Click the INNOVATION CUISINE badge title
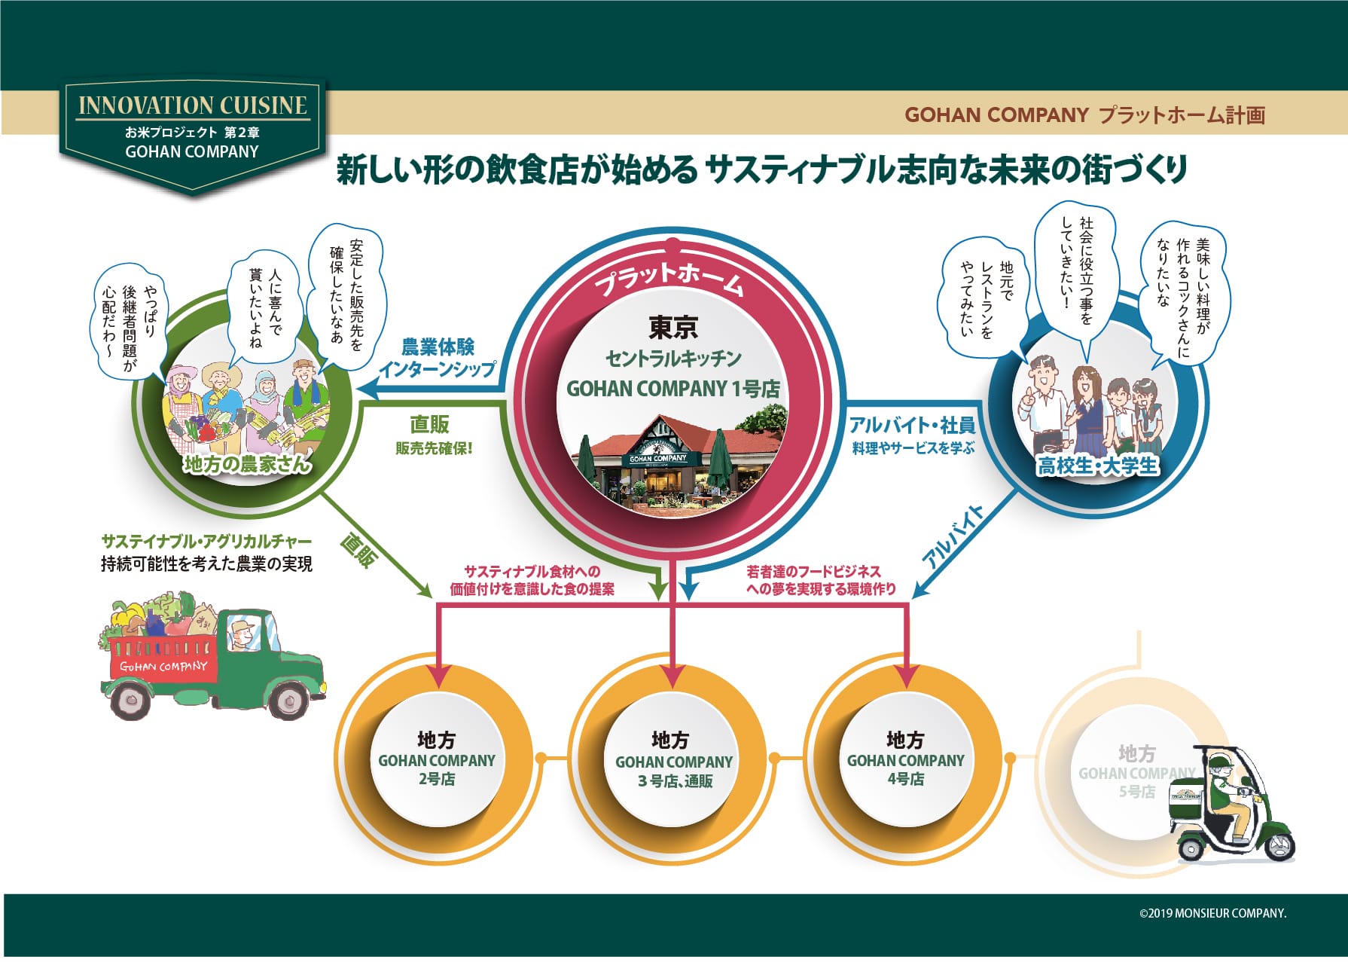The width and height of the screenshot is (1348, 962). pos(193,105)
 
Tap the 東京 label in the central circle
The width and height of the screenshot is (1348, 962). pos(673,327)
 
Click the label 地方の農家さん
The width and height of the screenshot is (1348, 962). pos(247,463)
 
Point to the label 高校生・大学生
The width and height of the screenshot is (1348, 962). pos(1097,466)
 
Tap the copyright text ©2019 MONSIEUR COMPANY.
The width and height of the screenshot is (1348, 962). pos(1212,913)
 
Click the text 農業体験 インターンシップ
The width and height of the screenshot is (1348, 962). pos(438,358)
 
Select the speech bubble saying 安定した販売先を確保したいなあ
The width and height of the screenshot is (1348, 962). pos(347,298)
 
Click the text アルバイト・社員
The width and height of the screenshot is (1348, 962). pos(913,425)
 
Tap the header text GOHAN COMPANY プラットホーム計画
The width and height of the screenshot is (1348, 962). pos(1084,115)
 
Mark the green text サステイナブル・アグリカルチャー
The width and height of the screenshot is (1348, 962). pos(206,541)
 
